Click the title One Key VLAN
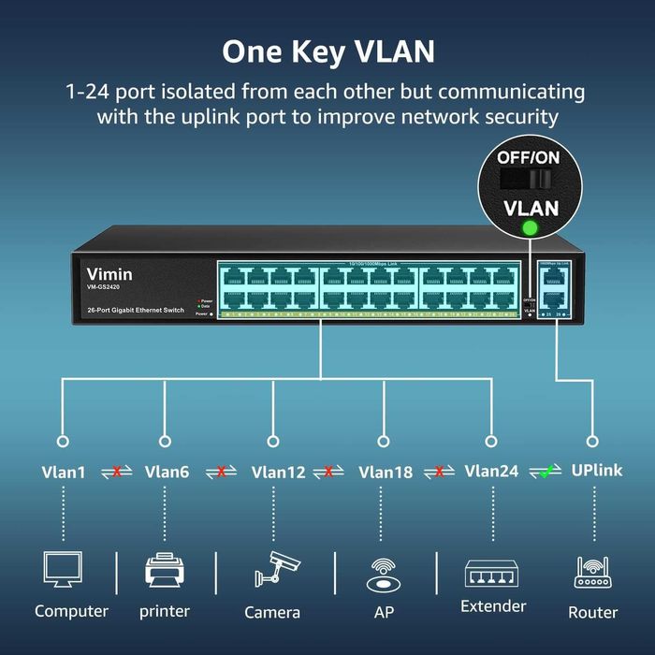tap(327, 51)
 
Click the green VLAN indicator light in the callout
tap(529, 228)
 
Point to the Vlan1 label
tap(64, 473)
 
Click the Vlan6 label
tap(167, 473)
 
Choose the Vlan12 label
tap(278, 473)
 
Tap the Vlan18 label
tap(385, 473)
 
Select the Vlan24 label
tap(491, 472)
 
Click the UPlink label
tap(596, 471)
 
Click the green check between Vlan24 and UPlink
tap(545, 472)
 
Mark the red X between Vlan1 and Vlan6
tap(116, 473)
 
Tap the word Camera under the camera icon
tap(272, 612)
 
